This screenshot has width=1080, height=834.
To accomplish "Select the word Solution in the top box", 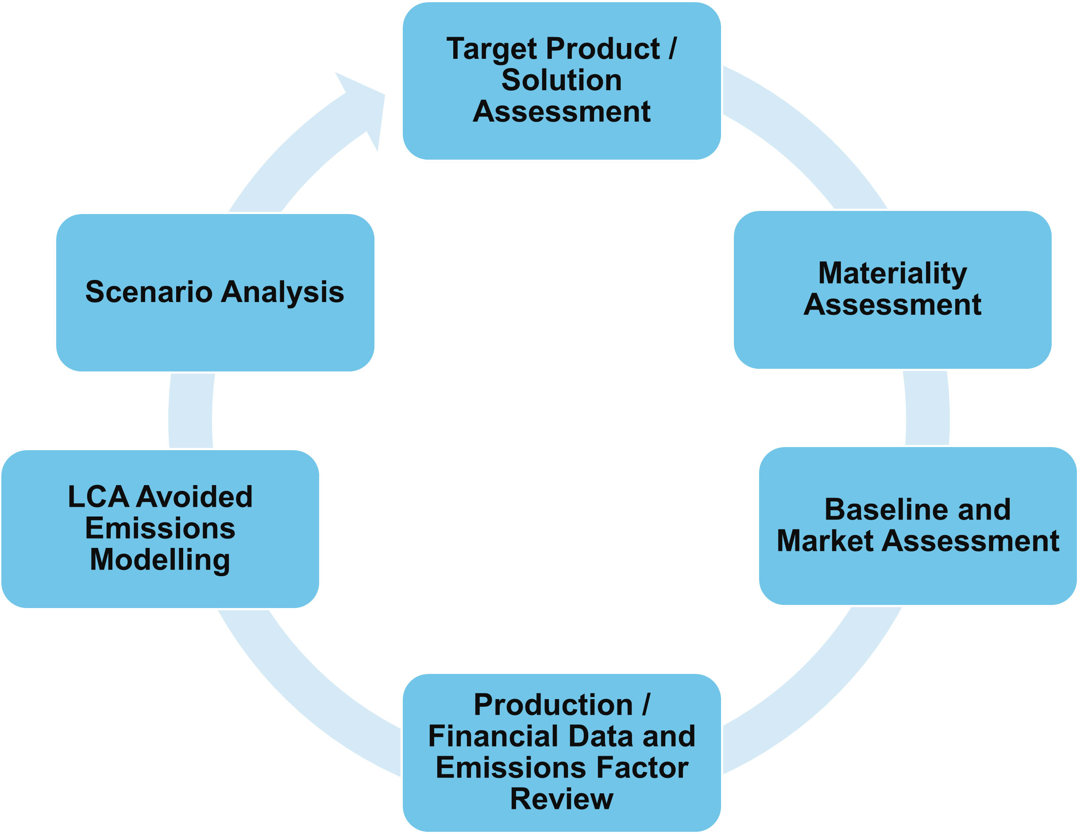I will click(x=561, y=80).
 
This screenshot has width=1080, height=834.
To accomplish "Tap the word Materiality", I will click(x=892, y=273).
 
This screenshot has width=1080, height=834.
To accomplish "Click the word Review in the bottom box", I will click(x=561, y=799).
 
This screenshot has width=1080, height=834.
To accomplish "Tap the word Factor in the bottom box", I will click(x=642, y=767).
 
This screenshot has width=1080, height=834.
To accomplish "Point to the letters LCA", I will click(x=98, y=497).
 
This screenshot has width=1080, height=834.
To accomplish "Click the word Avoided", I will click(x=194, y=497).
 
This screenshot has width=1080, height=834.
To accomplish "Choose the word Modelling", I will click(x=160, y=560).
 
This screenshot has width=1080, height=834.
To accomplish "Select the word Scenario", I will click(x=149, y=291).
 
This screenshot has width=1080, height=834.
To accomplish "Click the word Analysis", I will click(x=282, y=291).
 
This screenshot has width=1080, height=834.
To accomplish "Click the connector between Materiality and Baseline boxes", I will click(x=927, y=408).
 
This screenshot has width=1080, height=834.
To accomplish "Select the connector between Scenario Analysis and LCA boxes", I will click(x=191, y=410).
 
